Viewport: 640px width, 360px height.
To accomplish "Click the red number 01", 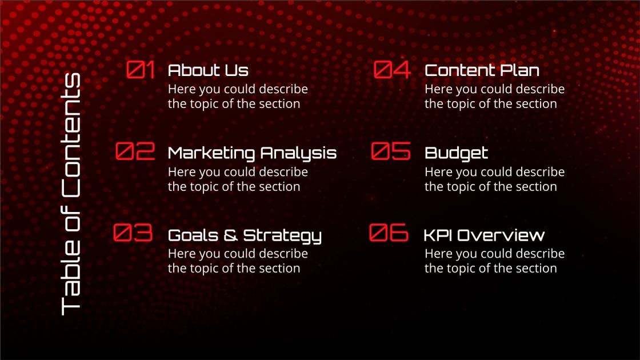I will (x=141, y=70).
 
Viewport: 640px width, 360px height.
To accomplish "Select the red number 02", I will (x=135, y=151).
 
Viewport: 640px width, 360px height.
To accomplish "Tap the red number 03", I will (x=133, y=233).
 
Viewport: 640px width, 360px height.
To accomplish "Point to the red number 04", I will (x=392, y=70).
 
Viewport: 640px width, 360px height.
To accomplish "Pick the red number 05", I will (x=391, y=151).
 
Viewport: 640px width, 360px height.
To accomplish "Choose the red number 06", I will (x=389, y=233).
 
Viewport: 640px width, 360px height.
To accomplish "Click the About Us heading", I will (x=208, y=70).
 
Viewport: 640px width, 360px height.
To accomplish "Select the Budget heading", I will (x=456, y=153).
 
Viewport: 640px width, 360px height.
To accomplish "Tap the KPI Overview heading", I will (x=484, y=235).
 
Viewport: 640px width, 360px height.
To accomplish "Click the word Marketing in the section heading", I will (x=211, y=153).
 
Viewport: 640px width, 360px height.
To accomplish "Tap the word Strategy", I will (x=282, y=236).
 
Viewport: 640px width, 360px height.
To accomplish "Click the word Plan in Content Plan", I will (x=519, y=70).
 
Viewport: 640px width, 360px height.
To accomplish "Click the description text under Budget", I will (x=494, y=179).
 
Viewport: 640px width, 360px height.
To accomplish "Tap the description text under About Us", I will (x=237, y=97).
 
